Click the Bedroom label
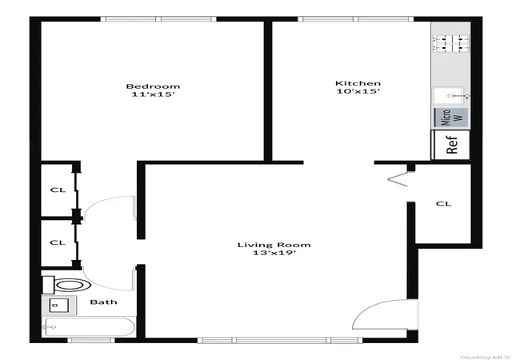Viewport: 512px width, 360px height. tap(153, 86)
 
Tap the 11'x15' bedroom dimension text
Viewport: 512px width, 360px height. tap(153, 94)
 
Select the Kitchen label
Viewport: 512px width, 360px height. tap(358, 83)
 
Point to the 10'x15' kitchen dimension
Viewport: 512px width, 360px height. tap(358, 91)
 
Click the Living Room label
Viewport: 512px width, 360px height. tap(274, 245)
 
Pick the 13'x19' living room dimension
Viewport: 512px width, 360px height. tap(274, 253)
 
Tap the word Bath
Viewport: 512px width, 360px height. tap(103, 302)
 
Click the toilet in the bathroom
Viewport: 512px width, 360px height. tap(66, 285)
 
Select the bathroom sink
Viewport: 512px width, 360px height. tap(58, 306)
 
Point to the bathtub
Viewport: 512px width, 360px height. tap(89, 327)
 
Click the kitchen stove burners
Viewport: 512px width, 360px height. tap(451, 44)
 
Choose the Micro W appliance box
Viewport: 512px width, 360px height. tap(451, 118)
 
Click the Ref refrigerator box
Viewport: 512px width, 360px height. tap(450, 145)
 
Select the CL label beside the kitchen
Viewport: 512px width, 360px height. tap(443, 204)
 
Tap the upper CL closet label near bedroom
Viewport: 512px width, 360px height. tap(58, 190)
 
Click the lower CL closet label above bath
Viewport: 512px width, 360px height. tap(58, 242)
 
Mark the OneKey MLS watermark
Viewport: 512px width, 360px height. tap(485, 357)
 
